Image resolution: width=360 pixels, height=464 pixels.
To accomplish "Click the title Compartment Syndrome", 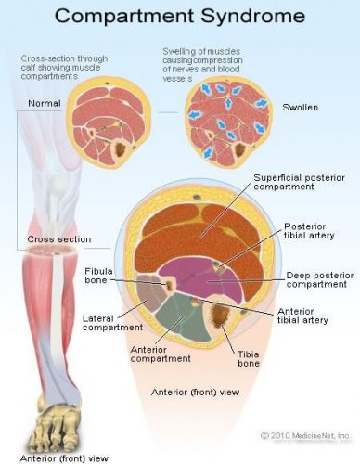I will [x=179, y=17].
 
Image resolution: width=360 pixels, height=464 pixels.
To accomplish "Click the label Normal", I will [x=43, y=103].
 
